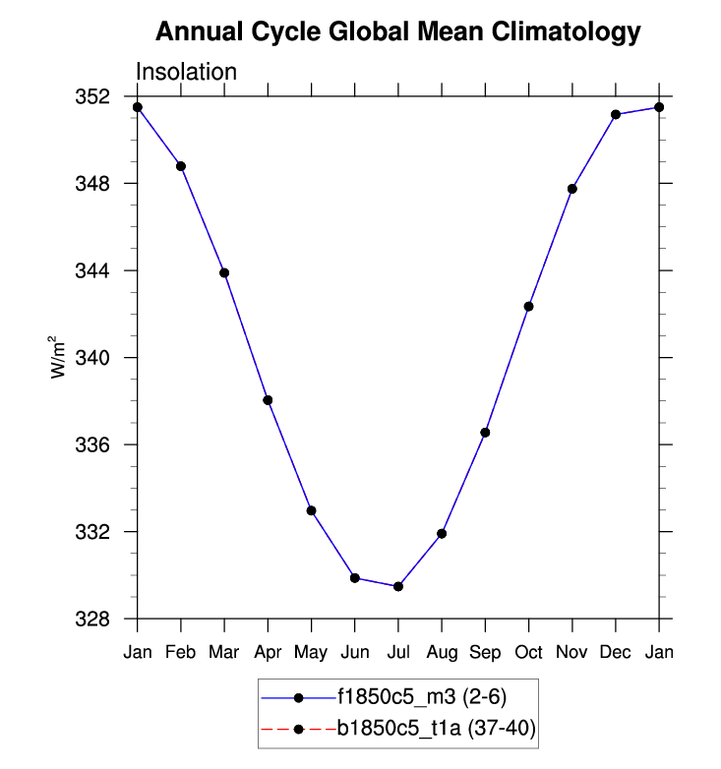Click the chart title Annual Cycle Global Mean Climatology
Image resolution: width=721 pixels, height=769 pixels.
click(x=398, y=32)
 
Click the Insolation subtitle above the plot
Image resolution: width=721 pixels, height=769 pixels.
click(x=186, y=73)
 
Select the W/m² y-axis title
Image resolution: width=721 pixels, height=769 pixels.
click(x=58, y=356)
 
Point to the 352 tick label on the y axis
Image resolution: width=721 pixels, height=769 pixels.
click(x=96, y=97)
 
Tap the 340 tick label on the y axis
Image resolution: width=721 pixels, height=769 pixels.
click(x=96, y=358)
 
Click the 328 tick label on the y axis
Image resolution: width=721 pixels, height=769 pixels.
click(x=96, y=619)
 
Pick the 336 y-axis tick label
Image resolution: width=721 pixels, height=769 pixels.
click(x=96, y=444)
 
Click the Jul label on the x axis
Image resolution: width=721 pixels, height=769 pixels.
click(x=398, y=651)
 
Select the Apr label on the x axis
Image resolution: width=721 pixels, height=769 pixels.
click(x=268, y=651)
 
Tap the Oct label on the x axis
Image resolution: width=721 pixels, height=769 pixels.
click(x=528, y=651)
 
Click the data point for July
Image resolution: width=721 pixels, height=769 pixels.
click(x=398, y=586)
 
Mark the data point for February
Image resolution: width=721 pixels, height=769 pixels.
click(x=181, y=166)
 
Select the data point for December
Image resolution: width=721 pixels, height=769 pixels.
click(x=616, y=115)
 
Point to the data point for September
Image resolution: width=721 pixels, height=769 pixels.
click(x=485, y=433)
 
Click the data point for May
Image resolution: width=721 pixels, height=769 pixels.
click(x=311, y=510)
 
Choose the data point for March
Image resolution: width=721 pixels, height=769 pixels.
click(x=224, y=272)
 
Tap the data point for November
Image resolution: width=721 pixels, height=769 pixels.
click(x=572, y=189)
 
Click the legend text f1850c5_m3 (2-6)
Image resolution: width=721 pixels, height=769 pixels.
click(x=422, y=697)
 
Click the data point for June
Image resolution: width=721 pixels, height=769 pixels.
click(x=354, y=578)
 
